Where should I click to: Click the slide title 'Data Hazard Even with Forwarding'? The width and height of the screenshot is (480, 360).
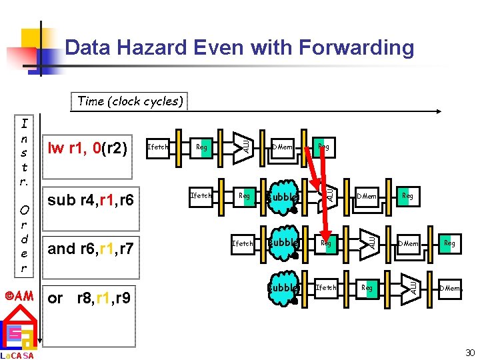pyautogui.click(x=239, y=48)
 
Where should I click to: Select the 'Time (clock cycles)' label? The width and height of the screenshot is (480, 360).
pyautogui.click(x=130, y=101)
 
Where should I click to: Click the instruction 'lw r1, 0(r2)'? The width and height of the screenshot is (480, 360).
pyautogui.click(x=87, y=147)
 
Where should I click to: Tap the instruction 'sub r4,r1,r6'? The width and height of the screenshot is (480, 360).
pyautogui.click(x=90, y=199)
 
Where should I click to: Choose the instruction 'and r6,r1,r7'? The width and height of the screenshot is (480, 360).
pyautogui.click(x=91, y=249)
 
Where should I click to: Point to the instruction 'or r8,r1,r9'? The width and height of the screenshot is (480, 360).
pyautogui.click(x=89, y=297)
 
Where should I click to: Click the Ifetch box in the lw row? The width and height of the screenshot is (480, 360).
pyautogui.click(x=158, y=147)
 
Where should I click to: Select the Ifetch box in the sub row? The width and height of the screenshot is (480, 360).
pyautogui.click(x=201, y=196)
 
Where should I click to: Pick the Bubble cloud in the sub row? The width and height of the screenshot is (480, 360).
pyautogui.click(x=281, y=197)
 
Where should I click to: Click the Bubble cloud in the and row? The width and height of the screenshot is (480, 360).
pyautogui.click(x=283, y=243)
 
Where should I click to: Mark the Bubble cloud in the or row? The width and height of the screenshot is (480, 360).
pyautogui.click(x=283, y=288)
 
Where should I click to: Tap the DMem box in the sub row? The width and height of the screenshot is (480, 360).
pyautogui.click(x=366, y=196)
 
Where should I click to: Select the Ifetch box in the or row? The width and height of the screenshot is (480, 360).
pyautogui.click(x=325, y=288)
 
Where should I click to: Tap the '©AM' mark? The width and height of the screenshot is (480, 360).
pyautogui.click(x=19, y=295)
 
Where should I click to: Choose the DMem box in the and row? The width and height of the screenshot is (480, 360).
pyautogui.click(x=408, y=244)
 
